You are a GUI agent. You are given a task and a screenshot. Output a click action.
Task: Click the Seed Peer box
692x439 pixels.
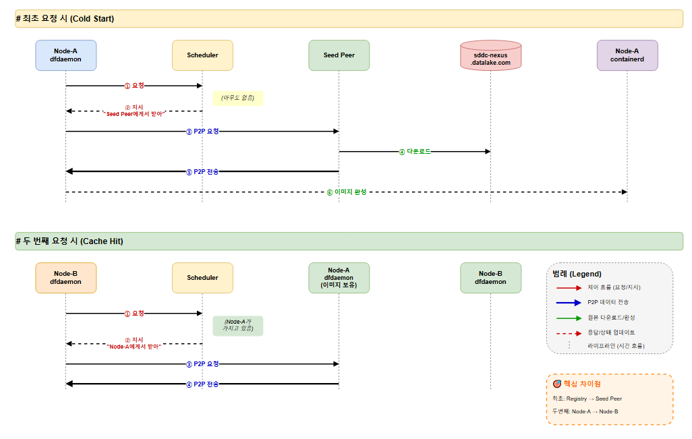tap(339, 55)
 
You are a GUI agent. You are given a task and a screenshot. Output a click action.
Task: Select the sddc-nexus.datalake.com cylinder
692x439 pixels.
tap(490, 55)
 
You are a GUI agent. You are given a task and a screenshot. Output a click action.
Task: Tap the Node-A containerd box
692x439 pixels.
tap(627, 55)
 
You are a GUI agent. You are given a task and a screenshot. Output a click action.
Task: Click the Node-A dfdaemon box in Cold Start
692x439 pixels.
tap(65, 55)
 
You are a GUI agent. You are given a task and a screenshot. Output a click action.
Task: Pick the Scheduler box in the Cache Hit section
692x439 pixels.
tap(202, 278)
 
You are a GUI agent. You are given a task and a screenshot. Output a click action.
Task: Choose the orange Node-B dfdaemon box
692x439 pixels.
tap(65, 278)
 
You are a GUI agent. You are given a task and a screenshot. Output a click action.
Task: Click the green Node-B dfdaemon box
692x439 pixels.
tap(490, 278)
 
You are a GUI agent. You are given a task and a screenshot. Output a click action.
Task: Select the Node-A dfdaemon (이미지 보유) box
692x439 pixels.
tap(339, 278)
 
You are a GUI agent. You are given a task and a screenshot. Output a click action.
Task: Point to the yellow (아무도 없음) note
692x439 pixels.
tap(238, 98)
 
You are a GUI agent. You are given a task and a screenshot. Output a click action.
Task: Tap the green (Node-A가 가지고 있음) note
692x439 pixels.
tap(238, 326)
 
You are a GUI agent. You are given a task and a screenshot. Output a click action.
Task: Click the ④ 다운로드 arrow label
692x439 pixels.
tap(415, 151)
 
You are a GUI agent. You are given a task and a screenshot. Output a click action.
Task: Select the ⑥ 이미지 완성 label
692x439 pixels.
tap(347, 192)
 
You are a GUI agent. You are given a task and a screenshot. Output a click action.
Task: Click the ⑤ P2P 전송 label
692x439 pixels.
tap(202, 172)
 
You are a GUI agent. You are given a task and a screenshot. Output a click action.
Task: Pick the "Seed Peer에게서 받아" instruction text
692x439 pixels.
tap(134, 114)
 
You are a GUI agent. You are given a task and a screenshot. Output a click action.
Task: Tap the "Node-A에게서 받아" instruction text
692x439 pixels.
tap(134, 347)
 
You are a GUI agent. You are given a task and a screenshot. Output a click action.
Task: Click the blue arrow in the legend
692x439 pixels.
tap(569, 303)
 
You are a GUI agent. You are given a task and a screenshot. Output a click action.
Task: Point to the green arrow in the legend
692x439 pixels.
tap(569, 318)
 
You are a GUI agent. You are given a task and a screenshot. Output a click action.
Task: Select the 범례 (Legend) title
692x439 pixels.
tap(577, 274)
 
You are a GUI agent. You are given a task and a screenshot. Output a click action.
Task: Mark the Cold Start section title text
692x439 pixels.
tap(65, 18)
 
